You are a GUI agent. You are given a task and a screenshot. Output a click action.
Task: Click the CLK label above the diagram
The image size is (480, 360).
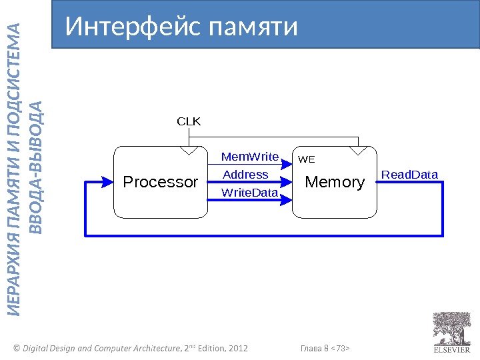point(188,122)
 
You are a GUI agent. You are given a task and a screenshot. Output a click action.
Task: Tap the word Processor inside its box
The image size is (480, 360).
point(161,182)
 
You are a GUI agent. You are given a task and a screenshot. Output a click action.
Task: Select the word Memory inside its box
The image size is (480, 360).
point(335,182)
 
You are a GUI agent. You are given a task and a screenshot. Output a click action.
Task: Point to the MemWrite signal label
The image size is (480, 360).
point(249,157)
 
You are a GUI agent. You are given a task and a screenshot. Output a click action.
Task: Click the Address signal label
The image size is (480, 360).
point(245,175)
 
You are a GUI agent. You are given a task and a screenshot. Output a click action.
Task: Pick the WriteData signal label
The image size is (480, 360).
point(249,193)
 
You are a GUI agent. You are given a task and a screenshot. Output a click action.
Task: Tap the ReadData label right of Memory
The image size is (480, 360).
point(409,175)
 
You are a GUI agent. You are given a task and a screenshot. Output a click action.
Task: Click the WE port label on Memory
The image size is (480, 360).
point(306,160)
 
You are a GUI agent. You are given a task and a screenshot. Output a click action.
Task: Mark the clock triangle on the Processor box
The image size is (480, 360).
point(189,151)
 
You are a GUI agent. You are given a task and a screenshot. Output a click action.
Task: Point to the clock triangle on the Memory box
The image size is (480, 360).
point(359,151)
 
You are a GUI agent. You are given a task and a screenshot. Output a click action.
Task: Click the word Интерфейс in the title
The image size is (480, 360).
point(133,27)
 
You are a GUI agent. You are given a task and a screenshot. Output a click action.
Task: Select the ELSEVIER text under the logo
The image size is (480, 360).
point(452,349)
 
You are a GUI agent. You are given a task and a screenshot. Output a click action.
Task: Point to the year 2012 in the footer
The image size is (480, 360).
point(237,349)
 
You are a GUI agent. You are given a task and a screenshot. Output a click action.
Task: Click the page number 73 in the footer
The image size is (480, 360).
point(340,349)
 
